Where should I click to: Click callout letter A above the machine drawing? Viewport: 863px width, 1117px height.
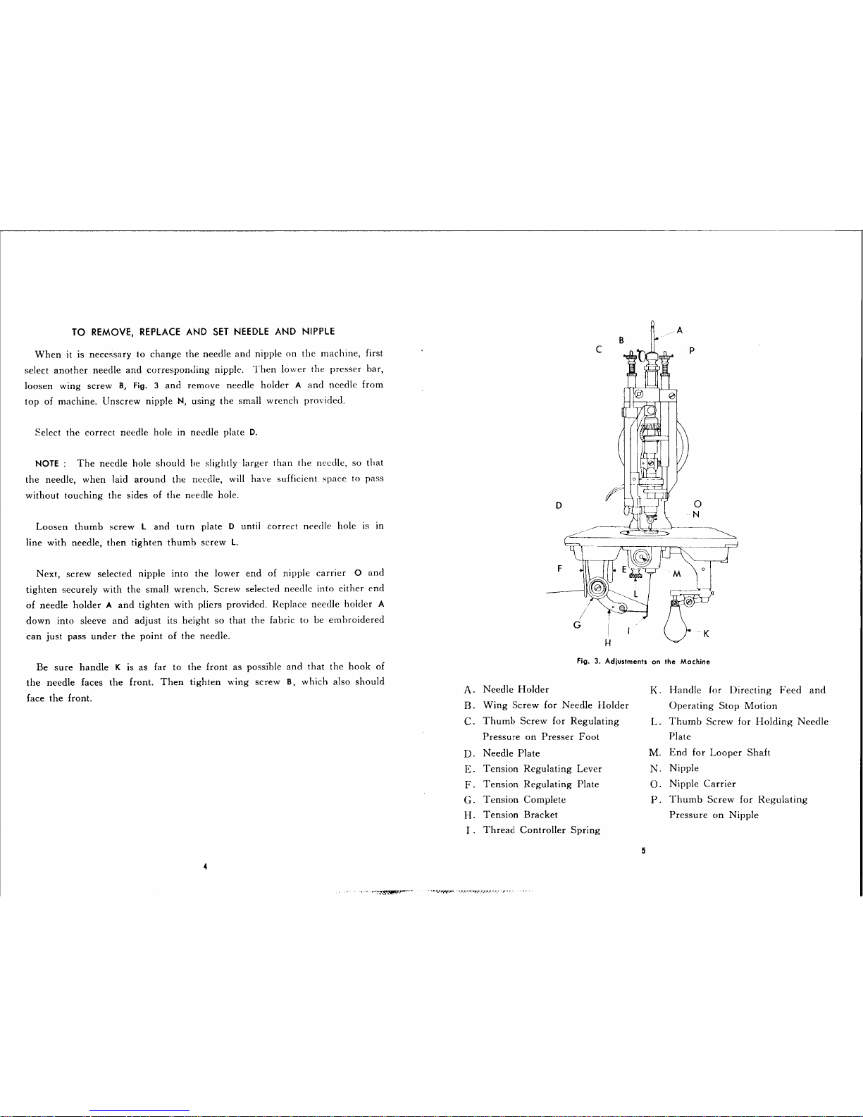[x=679, y=329]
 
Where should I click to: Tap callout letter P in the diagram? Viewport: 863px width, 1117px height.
[x=693, y=350]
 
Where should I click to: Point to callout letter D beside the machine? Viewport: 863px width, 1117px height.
[x=559, y=505]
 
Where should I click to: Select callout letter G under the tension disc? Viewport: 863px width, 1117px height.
[x=577, y=625]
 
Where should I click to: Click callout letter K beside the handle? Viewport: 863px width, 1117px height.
[x=706, y=634]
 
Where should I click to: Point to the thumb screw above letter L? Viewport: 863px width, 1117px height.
[x=635, y=577]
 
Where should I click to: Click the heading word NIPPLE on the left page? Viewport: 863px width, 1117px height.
[x=318, y=331]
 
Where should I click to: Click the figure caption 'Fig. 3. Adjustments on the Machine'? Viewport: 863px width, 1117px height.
[x=642, y=662]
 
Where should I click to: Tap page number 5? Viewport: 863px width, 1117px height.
[x=644, y=851]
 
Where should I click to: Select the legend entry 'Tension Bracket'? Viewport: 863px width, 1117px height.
[x=520, y=815]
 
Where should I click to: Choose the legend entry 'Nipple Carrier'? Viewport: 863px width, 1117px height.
[x=702, y=784]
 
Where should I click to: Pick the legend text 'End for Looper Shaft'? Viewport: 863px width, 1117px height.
[x=719, y=753]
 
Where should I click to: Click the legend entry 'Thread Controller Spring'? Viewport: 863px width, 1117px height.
[x=541, y=830]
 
